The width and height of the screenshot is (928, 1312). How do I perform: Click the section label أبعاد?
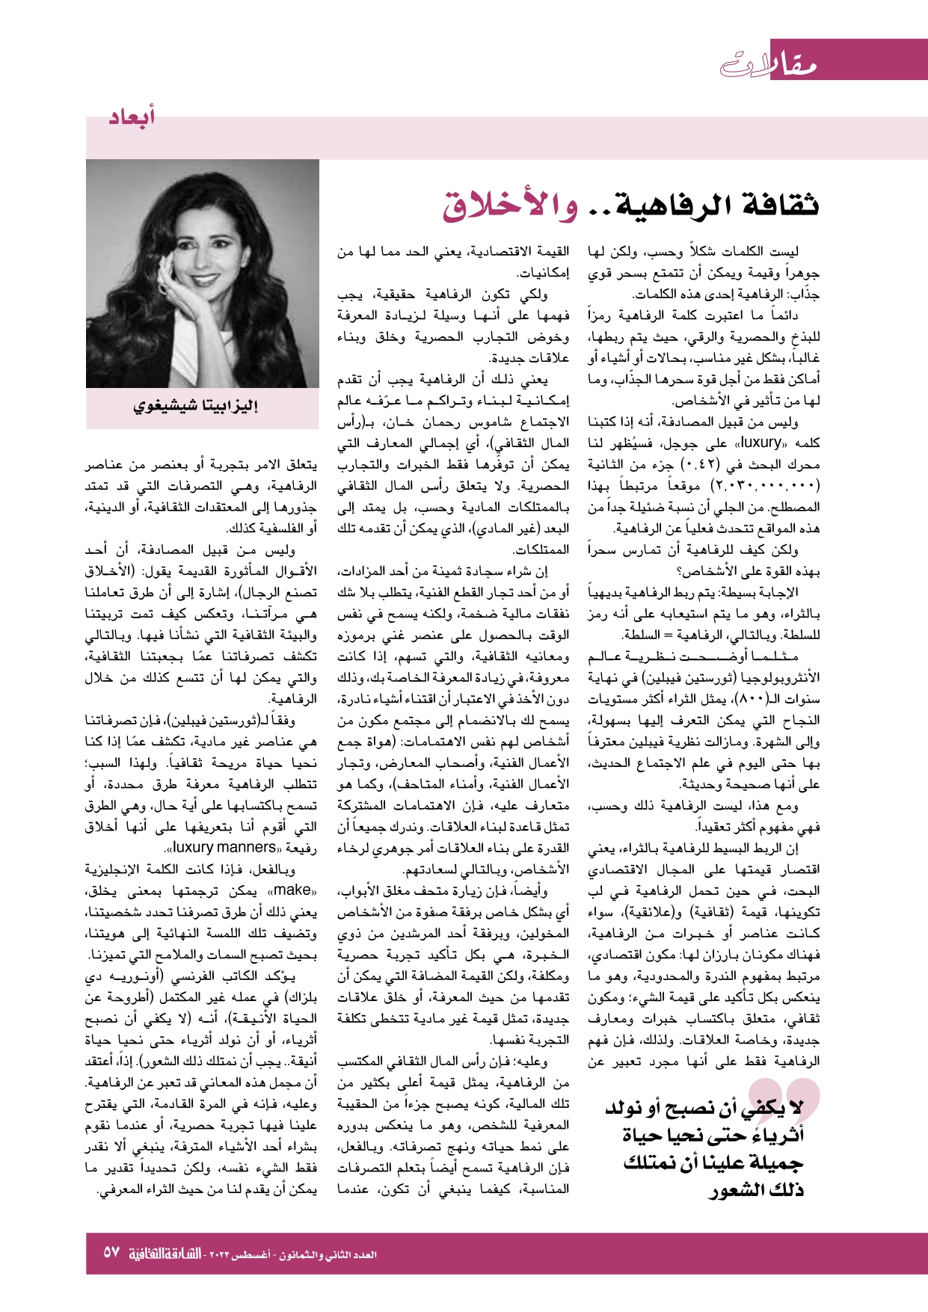pos(132,117)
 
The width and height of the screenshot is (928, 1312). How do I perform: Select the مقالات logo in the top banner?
pos(769,64)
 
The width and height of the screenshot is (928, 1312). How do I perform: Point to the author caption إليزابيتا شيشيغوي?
pos(196,407)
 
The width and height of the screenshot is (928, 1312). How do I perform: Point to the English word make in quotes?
pos(293,890)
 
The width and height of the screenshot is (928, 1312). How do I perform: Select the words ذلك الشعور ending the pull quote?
pos(756,1190)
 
